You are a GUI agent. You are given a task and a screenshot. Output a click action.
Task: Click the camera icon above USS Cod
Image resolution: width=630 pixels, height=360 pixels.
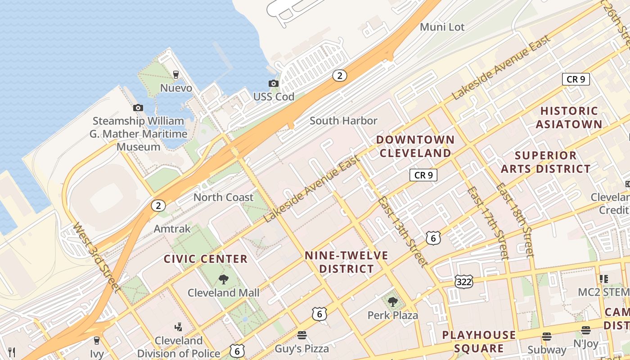click(x=273, y=83)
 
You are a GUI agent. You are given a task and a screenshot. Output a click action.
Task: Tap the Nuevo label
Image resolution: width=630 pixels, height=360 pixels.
click(x=176, y=88)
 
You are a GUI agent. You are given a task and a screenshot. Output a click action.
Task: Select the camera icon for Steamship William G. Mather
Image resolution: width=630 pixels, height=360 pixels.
click(x=138, y=108)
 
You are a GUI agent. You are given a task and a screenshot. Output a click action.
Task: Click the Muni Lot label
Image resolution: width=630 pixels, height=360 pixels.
click(x=442, y=27)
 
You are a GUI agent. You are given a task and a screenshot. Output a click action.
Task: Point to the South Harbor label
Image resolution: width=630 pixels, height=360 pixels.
click(x=343, y=121)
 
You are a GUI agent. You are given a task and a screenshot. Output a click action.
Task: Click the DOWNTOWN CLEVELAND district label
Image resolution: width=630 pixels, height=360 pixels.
click(x=415, y=146)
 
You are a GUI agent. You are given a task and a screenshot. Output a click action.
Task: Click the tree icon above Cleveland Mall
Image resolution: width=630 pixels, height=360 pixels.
click(x=223, y=279)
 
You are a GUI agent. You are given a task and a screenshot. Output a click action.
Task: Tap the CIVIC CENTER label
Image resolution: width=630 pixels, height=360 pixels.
click(x=206, y=259)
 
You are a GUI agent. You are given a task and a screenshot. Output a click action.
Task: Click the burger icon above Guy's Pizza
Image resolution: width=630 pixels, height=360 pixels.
click(x=301, y=335)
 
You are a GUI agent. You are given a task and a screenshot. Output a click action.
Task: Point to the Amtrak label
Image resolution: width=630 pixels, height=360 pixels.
click(x=172, y=229)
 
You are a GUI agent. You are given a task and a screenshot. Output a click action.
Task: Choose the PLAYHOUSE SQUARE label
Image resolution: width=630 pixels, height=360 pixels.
click(x=479, y=342)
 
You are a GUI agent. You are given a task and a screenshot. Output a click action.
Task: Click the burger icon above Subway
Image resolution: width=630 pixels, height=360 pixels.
click(x=547, y=336)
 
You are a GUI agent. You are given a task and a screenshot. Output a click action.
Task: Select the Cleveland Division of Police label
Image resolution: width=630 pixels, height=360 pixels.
click(x=179, y=347)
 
